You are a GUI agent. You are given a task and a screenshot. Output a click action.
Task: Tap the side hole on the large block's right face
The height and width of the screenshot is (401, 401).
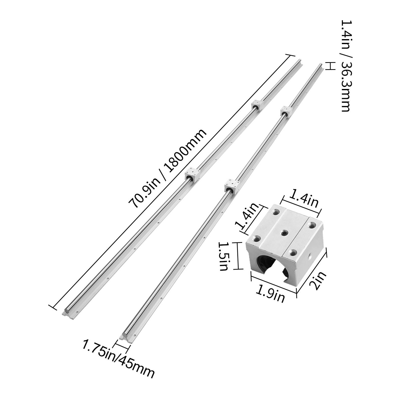coord(310,256)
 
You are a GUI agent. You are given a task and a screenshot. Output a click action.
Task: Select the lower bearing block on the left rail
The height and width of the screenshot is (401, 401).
coord(192,174)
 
